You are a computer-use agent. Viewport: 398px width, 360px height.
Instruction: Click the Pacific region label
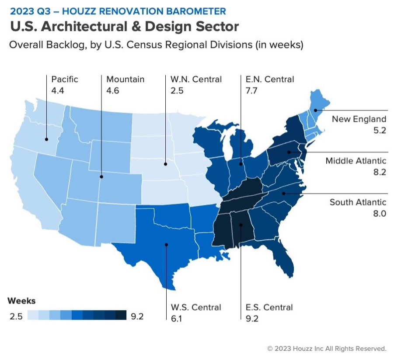pos(64,79)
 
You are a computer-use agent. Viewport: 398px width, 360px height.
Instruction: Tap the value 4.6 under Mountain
pos(113,90)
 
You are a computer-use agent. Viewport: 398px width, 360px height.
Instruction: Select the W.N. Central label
pos(196,79)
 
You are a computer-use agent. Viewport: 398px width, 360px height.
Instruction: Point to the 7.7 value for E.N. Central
pos(251,90)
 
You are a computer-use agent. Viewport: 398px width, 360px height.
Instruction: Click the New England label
pos(359,119)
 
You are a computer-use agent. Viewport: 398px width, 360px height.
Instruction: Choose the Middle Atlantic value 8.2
pos(380,172)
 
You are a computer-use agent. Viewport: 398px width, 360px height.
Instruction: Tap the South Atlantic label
pos(358,202)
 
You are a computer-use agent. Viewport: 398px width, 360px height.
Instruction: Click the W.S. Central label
pos(196,307)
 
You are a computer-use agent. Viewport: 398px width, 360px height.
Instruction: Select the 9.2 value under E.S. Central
pos(252,318)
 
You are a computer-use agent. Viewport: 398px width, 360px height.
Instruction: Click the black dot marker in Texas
pos(167,244)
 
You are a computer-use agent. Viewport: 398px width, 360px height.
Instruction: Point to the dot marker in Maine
pos(315,110)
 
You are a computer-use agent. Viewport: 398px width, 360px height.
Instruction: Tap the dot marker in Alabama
pos(241,225)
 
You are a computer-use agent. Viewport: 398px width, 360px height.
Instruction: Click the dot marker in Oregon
pos(46,139)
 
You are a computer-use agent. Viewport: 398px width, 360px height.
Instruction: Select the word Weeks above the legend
pos(21,301)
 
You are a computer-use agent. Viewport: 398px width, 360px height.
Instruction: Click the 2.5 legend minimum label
pos(16,316)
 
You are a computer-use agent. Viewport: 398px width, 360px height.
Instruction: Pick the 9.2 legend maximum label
pos(137,316)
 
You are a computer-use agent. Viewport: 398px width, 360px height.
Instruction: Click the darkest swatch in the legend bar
pos(121,315)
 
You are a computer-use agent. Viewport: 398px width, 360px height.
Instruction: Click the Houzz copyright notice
pos(327,349)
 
